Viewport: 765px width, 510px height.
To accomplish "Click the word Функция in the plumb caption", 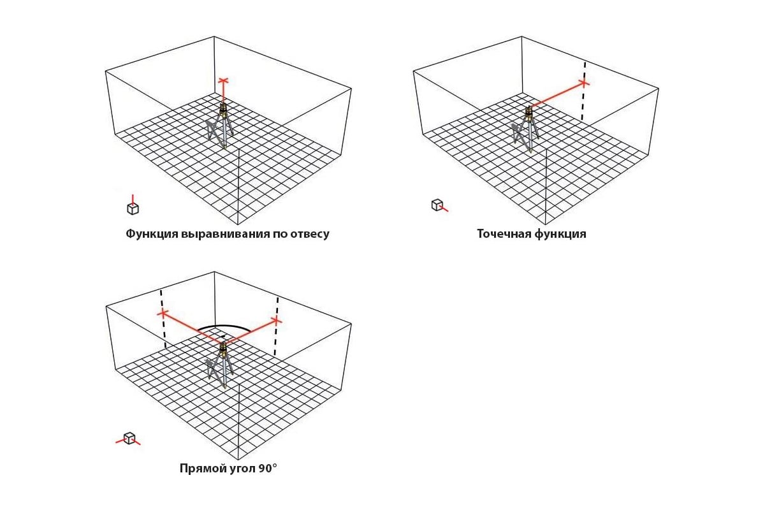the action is (152, 234).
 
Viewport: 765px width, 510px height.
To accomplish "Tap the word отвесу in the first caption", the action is (310, 235).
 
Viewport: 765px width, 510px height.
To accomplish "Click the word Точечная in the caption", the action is (504, 234).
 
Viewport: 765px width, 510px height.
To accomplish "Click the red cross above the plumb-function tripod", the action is (223, 81).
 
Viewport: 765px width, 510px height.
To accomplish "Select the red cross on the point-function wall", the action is (584, 83).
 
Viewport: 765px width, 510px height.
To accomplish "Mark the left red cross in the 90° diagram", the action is (163, 313).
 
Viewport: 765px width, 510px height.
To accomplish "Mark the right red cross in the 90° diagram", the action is (276, 321).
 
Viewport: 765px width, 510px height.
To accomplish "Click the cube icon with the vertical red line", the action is (133, 206).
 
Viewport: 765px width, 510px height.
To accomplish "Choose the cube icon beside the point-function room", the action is (439, 205).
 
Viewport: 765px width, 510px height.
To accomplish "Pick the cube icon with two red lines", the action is (128, 439).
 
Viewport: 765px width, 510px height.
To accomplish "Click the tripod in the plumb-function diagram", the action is (221, 126).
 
